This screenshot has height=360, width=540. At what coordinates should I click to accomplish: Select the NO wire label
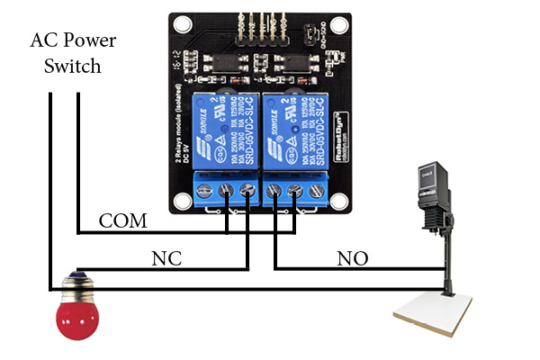coord(353,259)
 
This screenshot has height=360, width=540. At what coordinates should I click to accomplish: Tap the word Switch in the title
coord(76,66)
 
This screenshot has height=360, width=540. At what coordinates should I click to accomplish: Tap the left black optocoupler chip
coord(220,62)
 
